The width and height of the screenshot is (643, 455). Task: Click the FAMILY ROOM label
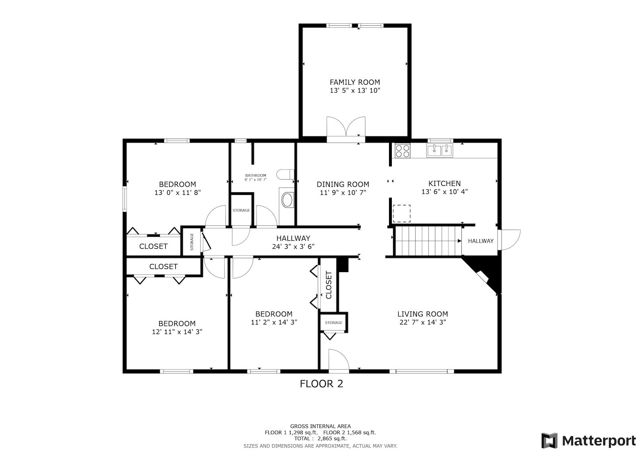click(355, 82)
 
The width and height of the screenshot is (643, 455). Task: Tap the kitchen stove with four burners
click(402, 151)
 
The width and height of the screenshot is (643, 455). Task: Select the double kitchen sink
click(440, 151)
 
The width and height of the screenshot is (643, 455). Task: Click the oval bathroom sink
click(287, 200)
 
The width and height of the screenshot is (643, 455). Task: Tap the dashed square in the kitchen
click(401, 213)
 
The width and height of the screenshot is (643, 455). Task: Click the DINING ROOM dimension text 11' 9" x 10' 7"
click(343, 193)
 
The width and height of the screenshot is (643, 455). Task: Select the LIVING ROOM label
click(422, 314)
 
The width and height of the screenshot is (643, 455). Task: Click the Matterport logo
click(588, 441)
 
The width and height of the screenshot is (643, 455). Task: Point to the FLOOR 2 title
click(321, 384)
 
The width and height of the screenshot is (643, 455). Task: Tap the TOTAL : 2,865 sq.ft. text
click(320, 439)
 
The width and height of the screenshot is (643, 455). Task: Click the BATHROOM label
click(256, 175)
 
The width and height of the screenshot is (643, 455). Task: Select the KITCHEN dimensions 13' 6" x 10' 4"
click(444, 192)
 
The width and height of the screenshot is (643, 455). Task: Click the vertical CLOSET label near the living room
click(329, 285)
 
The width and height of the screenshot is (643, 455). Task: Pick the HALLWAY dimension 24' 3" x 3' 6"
click(293, 246)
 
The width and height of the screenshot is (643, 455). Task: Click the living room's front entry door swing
click(339, 361)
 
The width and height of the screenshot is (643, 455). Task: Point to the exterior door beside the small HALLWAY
click(509, 240)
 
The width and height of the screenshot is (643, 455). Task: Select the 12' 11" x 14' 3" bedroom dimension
click(177, 332)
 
